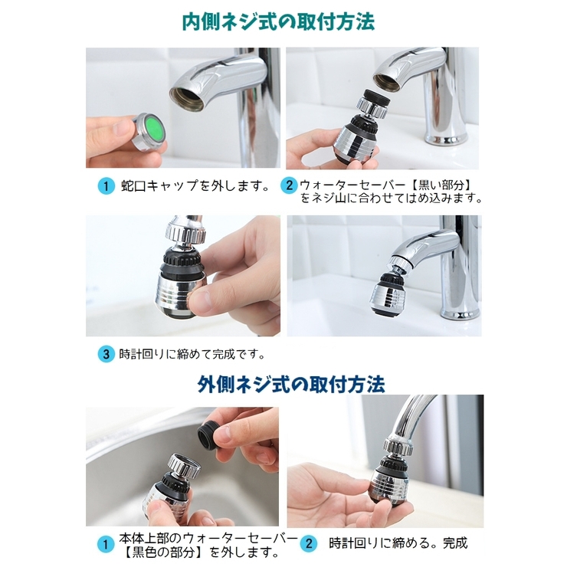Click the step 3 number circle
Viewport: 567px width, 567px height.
[105, 355]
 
